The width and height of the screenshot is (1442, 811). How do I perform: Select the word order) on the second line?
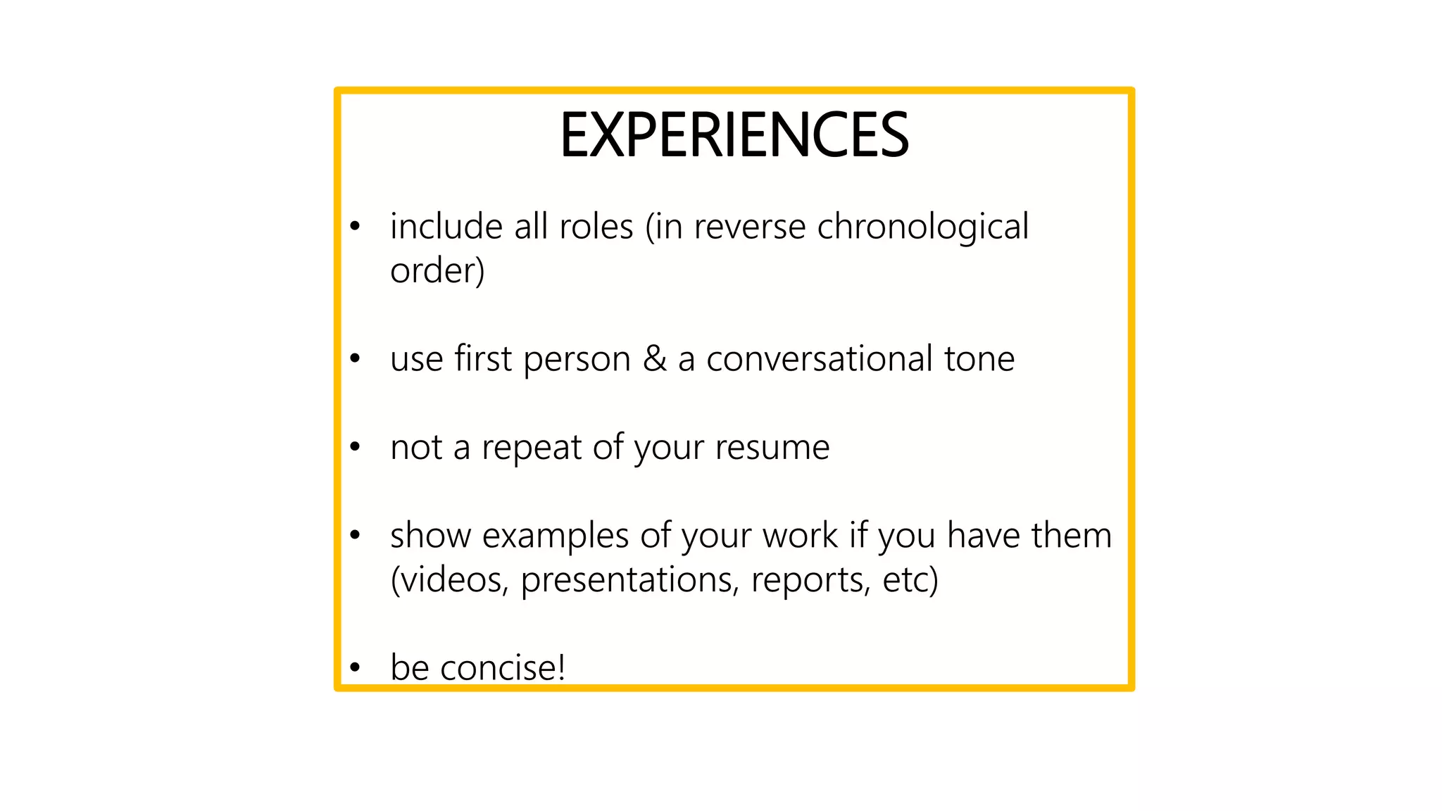click(437, 271)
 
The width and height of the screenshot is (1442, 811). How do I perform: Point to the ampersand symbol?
click(654, 359)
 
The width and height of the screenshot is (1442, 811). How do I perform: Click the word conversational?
click(819, 359)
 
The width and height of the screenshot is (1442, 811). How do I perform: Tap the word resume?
click(772, 448)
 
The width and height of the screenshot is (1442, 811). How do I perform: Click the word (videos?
click(449, 580)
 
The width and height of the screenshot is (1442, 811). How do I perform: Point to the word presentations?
click(630, 580)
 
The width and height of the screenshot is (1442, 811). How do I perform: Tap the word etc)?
click(910, 580)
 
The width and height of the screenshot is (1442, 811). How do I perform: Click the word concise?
click(503, 667)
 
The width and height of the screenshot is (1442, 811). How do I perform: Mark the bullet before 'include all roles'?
click(355, 227)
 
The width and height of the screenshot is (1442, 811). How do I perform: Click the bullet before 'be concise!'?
click(355, 667)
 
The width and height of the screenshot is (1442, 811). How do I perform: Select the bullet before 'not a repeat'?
click(355, 448)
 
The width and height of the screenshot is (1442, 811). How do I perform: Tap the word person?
click(577, 359)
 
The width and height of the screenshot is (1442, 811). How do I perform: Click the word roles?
click(596, 227)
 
